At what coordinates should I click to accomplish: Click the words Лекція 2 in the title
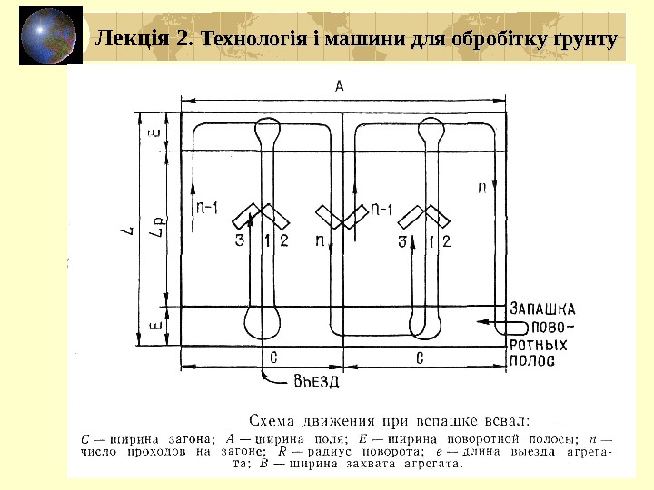144,39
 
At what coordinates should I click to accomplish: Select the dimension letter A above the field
339,86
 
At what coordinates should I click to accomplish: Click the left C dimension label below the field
273,357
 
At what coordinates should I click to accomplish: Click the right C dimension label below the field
421,357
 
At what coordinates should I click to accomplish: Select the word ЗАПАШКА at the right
542,308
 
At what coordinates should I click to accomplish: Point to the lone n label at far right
481,188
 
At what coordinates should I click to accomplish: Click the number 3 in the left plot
240,240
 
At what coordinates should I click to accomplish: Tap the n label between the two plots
319,240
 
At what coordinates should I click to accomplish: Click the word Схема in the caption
272,420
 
